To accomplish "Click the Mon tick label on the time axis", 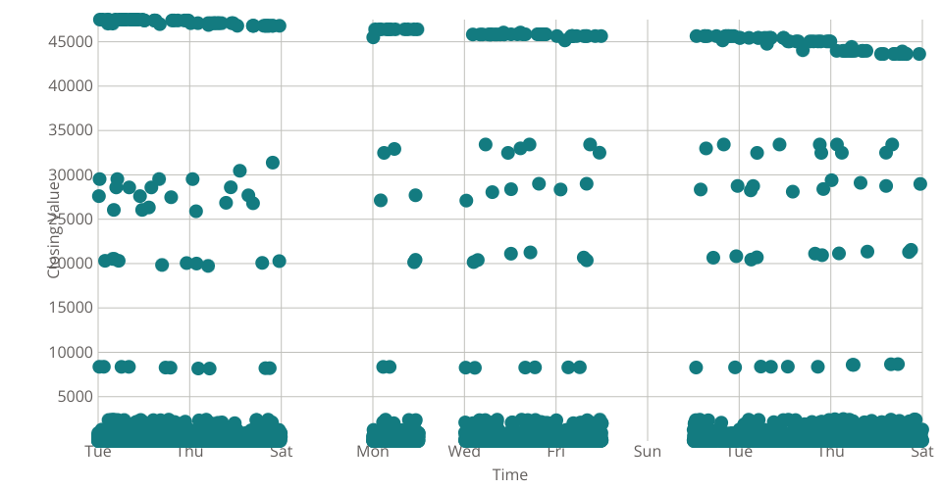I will [x=373, y=452].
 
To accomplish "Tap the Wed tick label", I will [x=464, y=452].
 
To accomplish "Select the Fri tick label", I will [x=555, y=452].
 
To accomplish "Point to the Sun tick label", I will [x=648, y=452].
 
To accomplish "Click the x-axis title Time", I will [x=510, y=475].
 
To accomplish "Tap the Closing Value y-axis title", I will [x=55, y=230].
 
